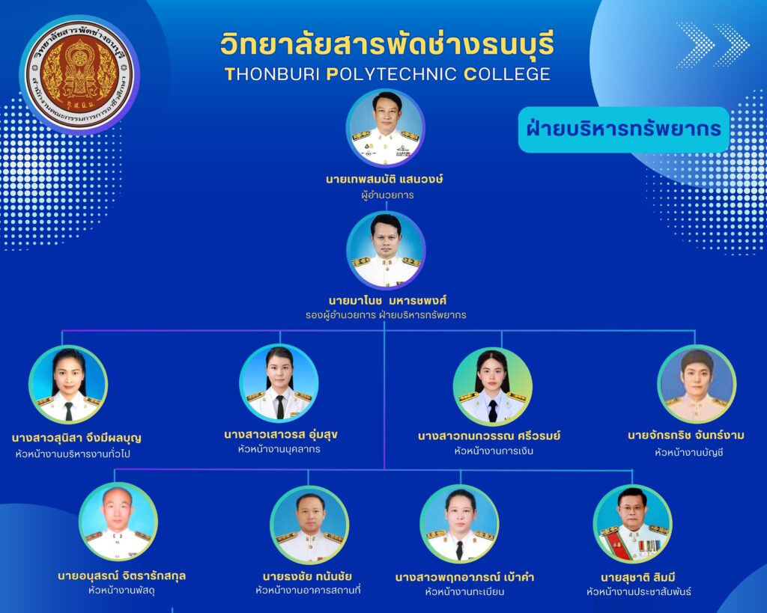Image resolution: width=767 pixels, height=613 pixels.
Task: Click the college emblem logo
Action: [x=79, y=74]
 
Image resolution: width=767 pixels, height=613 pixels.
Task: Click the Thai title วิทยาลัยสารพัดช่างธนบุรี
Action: [x=387, y=44]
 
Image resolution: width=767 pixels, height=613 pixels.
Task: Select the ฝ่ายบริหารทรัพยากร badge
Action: [x=624, y=129]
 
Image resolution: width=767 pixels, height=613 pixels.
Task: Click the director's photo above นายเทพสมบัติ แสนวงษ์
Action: [x=386, y=127]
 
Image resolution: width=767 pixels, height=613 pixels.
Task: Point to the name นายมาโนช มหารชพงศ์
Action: [x=387, y=299]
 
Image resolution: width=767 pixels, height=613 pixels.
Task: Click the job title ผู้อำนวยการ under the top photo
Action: [x=387, y=195]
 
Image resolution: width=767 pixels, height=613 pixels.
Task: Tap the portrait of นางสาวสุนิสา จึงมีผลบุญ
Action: [x=68, y=384]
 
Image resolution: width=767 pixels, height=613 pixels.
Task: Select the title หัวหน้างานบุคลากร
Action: [x=279, y=449]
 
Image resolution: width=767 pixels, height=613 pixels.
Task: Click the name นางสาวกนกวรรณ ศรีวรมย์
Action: [x=489, y=436]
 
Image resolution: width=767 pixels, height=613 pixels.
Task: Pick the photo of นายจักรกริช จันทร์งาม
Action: [x=697, y=384]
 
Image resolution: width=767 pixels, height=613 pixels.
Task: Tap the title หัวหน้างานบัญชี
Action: [x=689, y=452]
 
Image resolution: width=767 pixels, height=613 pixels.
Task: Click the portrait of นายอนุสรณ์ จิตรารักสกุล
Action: [x=118, y=522]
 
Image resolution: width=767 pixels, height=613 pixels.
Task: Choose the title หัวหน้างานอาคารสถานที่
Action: [x=308, y=590]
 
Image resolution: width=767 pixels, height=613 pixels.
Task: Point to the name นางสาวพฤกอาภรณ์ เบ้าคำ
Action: [x=464, y=577]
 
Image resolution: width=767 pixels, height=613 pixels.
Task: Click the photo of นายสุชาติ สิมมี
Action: [x=632, y=523]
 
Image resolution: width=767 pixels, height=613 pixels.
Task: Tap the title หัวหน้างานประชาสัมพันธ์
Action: [x=639, y=591]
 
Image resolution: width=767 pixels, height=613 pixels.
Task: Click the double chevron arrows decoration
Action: [x=713, y=45]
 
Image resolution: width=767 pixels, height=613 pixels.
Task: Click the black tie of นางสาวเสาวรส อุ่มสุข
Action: [x=280, y=406]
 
